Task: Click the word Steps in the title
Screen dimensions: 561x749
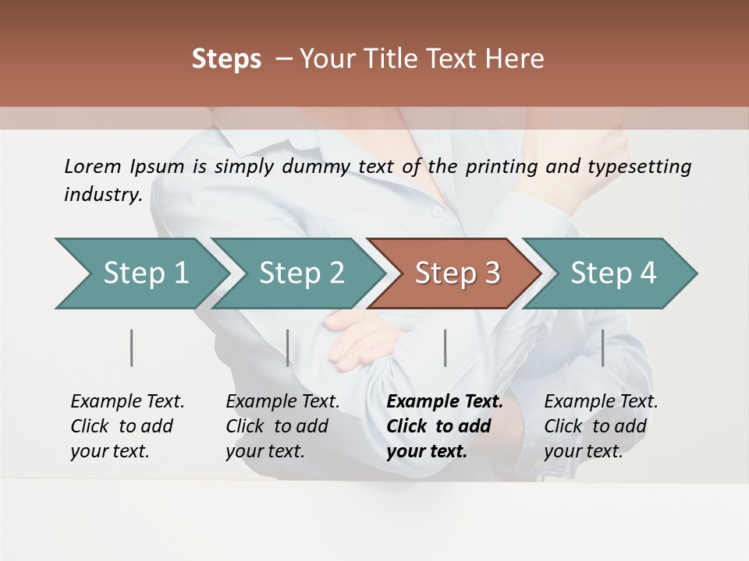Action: point(226,59)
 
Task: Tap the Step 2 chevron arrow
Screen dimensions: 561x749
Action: point(301,273)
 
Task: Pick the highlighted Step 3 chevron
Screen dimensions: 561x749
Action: point(457,273)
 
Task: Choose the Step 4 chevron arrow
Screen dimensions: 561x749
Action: point(613,273)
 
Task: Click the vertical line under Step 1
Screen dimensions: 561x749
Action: point(132,348)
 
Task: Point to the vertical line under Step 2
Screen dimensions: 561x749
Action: point(288,348)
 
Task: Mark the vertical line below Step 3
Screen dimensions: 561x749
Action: point(445,348)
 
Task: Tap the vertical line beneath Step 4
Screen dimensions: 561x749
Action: point(603,348)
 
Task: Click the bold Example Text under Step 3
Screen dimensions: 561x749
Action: point(445,401)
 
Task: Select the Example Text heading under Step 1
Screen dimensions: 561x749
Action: point(127,401)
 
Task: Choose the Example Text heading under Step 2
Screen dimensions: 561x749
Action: point(282,401)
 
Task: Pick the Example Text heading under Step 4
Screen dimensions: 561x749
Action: point(601,401)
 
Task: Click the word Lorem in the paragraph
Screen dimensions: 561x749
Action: point(93,166)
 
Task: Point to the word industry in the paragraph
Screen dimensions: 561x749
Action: point(102,194)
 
